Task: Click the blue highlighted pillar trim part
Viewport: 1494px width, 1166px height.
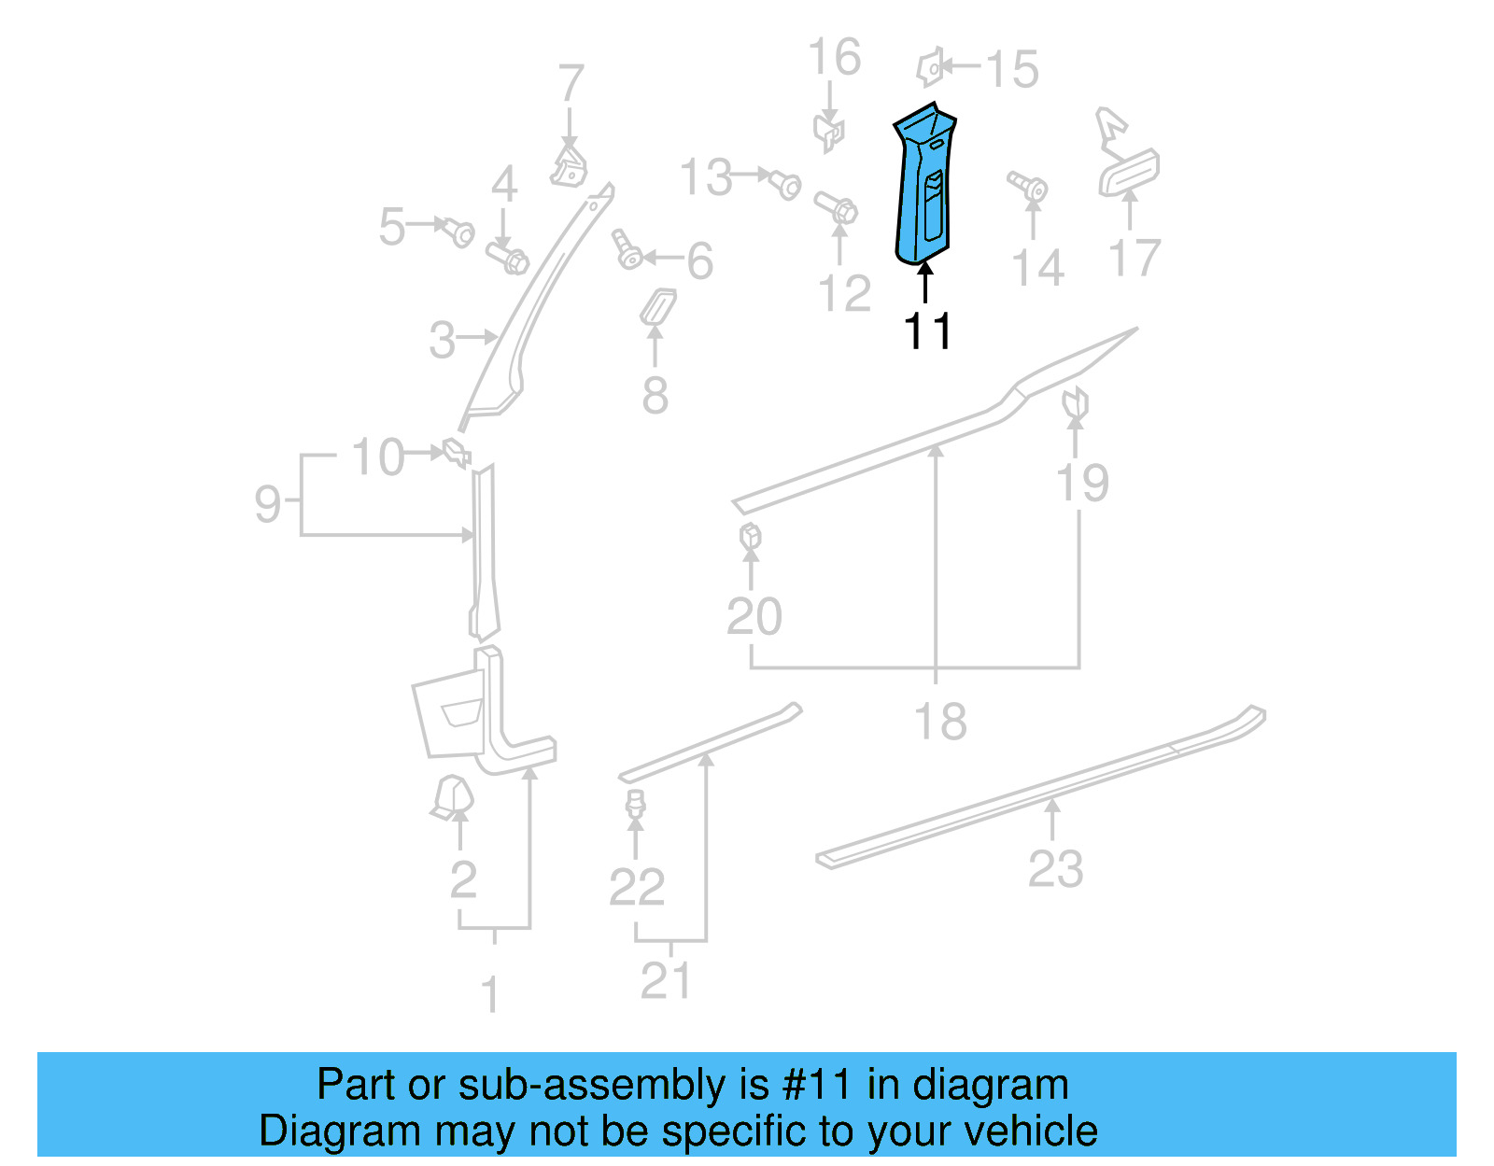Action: (923, 187)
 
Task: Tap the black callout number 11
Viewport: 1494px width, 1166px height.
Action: (927, 331)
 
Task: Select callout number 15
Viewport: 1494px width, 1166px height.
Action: (1012, 69)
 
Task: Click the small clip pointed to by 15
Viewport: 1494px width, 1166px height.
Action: (930, 67)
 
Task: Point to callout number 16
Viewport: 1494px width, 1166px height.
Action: (834, 58)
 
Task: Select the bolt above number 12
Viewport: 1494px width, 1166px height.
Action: (837, 207)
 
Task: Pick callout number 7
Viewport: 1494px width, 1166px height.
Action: (571, 83)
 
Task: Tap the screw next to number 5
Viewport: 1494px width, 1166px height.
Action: (458, 231)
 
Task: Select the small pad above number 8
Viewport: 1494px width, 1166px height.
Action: (657, 307)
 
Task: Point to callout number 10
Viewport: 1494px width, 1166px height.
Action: (378, 457)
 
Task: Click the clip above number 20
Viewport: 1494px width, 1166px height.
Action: (750, 538)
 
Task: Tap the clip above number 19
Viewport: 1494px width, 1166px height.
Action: (1076, 402)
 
